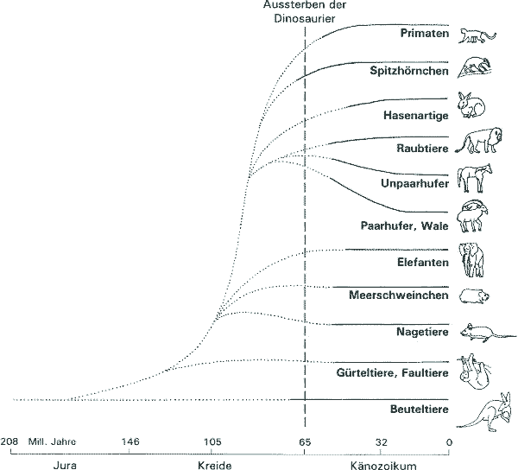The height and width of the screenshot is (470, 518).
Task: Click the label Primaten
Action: (x=424, y=34)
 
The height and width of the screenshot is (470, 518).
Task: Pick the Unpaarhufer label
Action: (x=414, y=184)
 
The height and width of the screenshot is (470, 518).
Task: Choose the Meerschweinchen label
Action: (x=399, y=295)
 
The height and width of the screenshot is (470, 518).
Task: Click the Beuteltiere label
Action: (x=418, y=409)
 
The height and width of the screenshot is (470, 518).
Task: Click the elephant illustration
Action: (x=473, y=258)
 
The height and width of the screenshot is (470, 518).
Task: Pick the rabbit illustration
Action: (x=473, y=106)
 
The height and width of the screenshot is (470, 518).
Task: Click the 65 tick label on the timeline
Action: (x=304, y=442)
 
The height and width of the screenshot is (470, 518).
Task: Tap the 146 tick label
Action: (x=130, y=442)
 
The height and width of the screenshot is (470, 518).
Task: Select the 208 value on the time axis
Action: (x=9, y=442)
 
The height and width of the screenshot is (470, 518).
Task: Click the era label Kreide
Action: (x=212, y=464)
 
